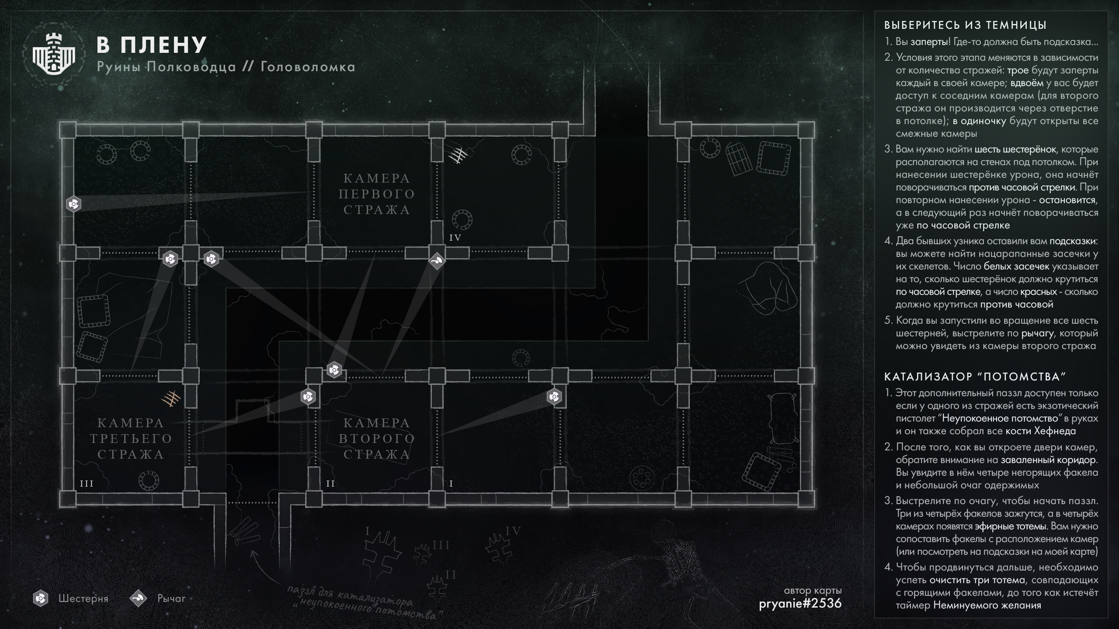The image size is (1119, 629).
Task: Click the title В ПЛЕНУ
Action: [151, 44]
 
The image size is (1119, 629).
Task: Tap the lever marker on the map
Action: [437, 261]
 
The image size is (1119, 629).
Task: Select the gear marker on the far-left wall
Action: [73, 204]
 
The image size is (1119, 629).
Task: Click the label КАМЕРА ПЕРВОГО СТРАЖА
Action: [377, 194]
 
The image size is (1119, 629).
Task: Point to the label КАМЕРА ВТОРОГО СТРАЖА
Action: [377, 439]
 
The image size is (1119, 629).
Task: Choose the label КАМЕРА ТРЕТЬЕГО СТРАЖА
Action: [131, 439]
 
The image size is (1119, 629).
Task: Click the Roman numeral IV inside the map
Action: [455, 238]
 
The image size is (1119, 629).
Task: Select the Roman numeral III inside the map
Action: [87, 484]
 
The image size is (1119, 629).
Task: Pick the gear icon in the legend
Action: [41, 598]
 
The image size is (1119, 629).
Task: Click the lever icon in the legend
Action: [138, 598]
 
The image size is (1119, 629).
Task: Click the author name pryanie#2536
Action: [800, 603]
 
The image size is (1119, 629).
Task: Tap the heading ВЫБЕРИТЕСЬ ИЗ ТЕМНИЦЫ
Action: [965, 25]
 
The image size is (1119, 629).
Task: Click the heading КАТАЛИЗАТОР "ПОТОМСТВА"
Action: [973, 377]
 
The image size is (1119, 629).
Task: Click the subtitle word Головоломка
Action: [308, 67]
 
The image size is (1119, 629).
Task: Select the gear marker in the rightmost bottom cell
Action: [554, 397]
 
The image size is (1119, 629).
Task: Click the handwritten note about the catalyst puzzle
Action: [363, 603]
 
